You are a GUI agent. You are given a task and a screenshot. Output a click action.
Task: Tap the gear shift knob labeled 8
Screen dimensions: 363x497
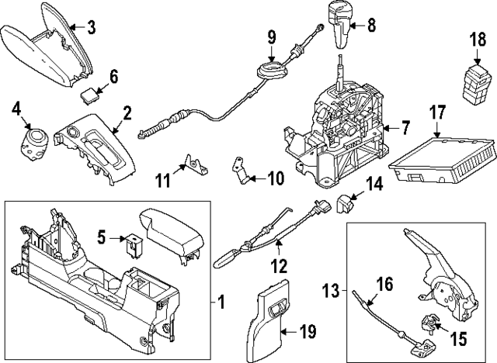point(342,23)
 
